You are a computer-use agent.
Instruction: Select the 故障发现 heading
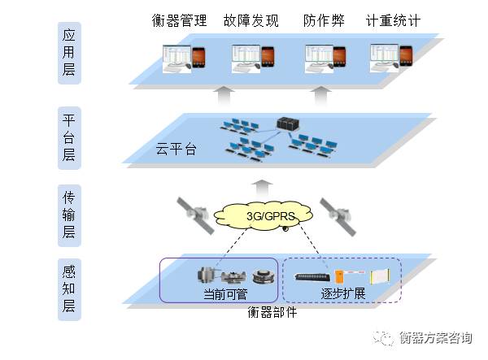251,20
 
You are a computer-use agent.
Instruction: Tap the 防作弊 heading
323,20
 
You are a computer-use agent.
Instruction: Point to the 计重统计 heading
393,20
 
